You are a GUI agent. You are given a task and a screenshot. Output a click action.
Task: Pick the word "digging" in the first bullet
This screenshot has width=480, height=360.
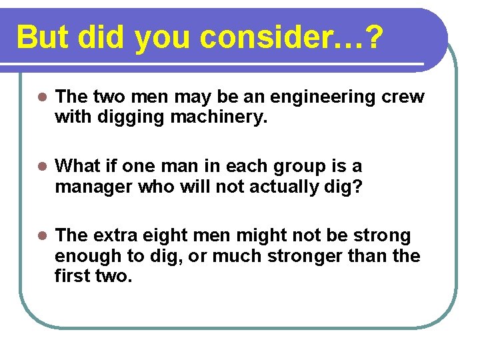click(123, 117)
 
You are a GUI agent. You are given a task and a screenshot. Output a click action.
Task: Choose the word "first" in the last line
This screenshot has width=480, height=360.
click(73, 276)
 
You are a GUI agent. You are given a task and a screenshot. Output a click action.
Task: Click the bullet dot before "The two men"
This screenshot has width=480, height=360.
click(41, 97)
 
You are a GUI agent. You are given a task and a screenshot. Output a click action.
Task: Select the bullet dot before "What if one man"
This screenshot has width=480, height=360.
click(41, 167)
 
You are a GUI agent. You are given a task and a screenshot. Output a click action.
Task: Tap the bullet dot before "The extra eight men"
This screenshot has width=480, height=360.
click(41, 236)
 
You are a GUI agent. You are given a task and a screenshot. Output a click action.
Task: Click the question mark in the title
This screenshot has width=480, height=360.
click(375, 37)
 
